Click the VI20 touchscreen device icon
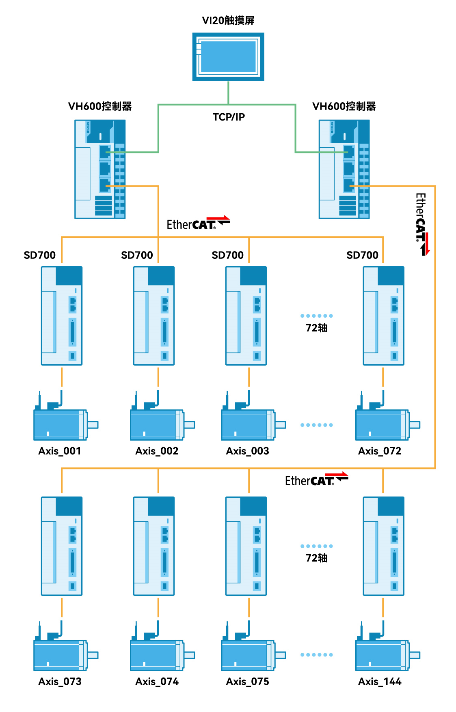228,57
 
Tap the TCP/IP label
229,117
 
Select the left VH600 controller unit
100,169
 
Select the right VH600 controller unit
344,169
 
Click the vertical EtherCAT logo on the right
422,223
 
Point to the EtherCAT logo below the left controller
198,224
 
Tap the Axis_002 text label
157,451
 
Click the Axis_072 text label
380,451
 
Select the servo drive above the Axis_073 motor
62,546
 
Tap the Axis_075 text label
247,682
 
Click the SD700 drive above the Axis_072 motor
383,316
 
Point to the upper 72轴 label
317,328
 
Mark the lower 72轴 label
317,558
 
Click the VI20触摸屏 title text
228,20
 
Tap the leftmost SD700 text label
40,255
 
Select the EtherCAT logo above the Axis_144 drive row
316,480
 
